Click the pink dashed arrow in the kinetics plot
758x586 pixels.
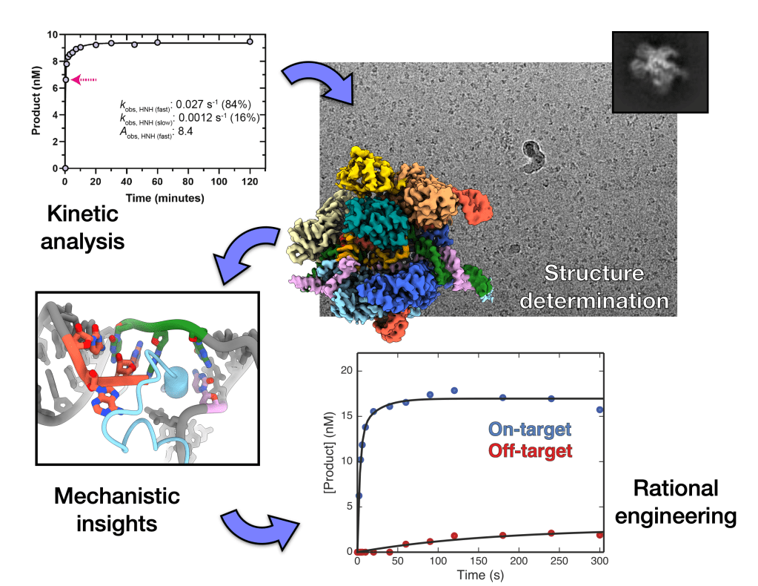pos(84,80)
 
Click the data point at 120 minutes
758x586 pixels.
pos(250,42)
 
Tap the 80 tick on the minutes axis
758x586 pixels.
pos(187,182)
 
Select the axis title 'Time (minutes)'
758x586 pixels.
pos(164,198)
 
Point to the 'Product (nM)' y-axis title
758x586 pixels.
pos(36,101)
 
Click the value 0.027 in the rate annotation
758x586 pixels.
pos(190,104)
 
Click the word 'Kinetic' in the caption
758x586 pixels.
pos(83,214)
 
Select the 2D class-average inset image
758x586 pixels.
pos(660,72)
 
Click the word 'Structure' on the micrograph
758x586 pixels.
pos(594,273)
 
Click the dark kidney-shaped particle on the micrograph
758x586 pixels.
pos(533,157)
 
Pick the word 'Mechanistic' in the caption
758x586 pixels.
pos(117,496)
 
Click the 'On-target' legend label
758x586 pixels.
pos(530,429)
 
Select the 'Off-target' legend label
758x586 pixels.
pos(531,451)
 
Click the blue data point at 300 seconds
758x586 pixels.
pos(599,410)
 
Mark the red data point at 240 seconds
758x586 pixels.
pos(551,533)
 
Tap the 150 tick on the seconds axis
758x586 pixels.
pos(479,561)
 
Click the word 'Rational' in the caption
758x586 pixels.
pos(676,488)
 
